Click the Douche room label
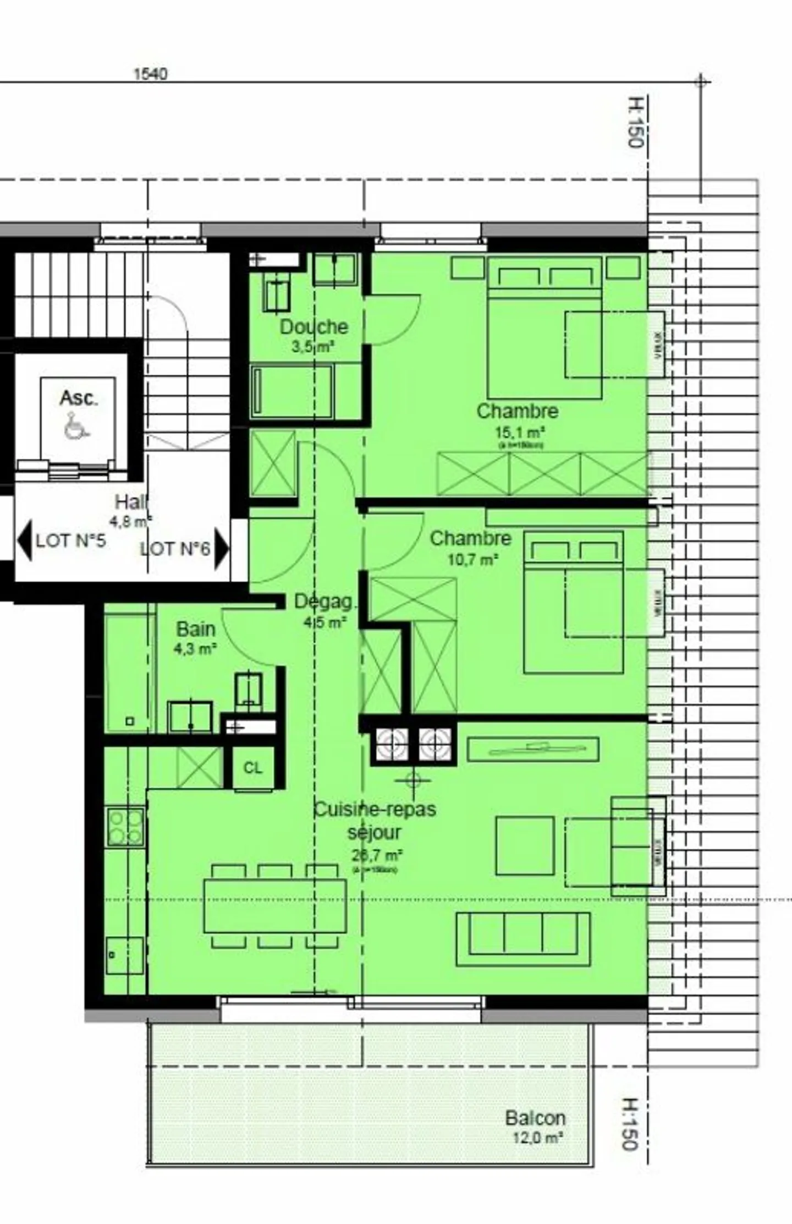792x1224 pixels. coord(313,327)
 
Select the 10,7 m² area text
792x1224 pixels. coord(472,560)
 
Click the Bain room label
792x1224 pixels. coord(195,629)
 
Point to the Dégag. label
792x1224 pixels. coord(324,602)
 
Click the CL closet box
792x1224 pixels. coord(252,768)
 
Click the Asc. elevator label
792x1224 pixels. coord(79,397)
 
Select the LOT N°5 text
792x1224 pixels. coord(70,541)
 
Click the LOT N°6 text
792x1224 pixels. coord(175,549)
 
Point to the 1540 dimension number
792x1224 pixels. coord(150,74)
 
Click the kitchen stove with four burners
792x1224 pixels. coord(125,827)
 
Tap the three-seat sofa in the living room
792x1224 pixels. coord(522,939)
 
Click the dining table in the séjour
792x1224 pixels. coord(274,905)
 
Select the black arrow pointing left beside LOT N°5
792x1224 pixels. coord(24,541)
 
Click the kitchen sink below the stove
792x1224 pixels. coord(125,955)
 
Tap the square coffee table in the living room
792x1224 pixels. coord(524,845)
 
